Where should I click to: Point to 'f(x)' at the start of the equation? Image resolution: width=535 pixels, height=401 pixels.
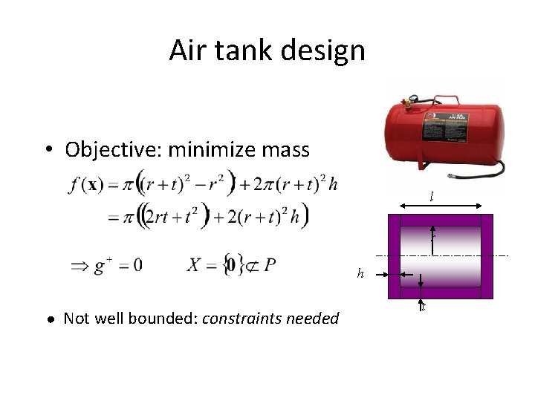tap(84, 185)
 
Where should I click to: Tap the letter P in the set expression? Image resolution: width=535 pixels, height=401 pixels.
tap(270, 264)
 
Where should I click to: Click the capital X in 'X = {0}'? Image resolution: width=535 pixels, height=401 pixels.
tap(195, 265)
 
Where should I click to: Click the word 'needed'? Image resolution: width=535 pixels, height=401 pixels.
tap(314, 319)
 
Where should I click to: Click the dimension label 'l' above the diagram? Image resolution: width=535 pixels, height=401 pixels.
tap(431, 196)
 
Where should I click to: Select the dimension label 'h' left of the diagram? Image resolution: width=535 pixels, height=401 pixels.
tap(360, 274)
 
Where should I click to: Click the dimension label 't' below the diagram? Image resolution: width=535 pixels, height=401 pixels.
tap(422, 307)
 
